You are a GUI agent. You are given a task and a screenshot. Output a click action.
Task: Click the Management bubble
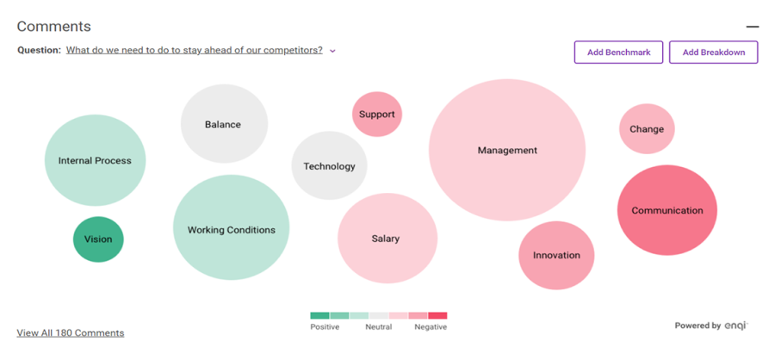click(x=507, y=151)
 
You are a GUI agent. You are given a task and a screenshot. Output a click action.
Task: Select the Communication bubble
click(x=667, y=210)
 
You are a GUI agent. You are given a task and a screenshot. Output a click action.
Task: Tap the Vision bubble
click(x=98, y=239)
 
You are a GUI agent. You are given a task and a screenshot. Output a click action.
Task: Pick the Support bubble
click(x=377, y=114)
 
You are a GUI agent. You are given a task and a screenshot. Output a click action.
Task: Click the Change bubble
click(x=647, y=129)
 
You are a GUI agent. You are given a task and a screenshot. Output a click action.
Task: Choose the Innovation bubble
click(x=556, y=255)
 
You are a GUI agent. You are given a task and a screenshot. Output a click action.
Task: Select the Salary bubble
click(x=387, y=239)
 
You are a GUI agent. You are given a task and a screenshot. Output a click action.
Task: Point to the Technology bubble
click(x=329, y=166)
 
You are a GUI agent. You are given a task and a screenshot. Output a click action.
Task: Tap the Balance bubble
click(x=224, y=124)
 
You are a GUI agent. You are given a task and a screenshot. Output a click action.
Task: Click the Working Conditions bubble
click(x=232, y=229)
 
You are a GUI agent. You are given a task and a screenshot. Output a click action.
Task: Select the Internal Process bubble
click(x=95, y=160)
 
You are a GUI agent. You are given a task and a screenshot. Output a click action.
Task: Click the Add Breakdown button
click(x=713, y=53)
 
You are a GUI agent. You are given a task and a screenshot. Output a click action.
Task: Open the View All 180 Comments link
click(x=71, y=332)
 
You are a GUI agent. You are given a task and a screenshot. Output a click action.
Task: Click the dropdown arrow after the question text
click(x=333, y=51)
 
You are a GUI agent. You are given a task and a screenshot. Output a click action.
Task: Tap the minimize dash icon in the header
click(x=752, y=28)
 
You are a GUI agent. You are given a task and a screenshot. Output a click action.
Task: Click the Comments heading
click(x=53, y=27)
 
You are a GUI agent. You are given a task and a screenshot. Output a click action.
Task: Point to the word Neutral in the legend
click(x=379, y=327)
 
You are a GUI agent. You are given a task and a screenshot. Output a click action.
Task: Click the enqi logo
click(x=736, y=326)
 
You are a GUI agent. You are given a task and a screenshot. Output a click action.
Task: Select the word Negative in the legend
click(x=431, y=327)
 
